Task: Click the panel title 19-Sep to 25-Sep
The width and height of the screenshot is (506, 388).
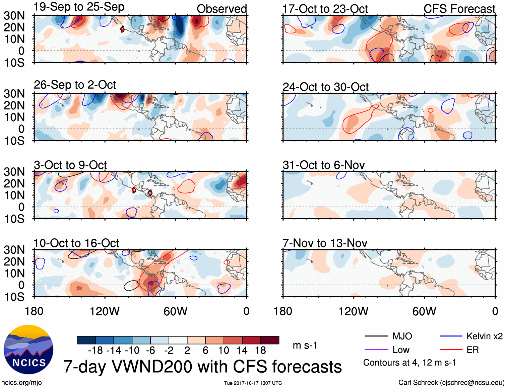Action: click(79, 7)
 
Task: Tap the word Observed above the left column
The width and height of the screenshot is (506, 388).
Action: click(222, 9)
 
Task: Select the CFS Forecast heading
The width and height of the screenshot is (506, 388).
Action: click(459, 9)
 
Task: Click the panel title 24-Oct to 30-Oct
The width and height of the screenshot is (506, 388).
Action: click(325, 87)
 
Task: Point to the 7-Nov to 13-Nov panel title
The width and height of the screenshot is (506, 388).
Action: click(325, 243)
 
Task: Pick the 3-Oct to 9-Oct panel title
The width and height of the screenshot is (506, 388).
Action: click(70, 165)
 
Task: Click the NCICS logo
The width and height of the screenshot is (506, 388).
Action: click(28, 350)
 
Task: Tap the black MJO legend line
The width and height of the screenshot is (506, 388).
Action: click(376, 336)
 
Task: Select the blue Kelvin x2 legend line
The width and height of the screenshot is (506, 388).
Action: click(451, 336)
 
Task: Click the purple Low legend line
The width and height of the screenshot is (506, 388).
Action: click(376, 350)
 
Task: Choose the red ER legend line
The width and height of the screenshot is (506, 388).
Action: click(451, 350)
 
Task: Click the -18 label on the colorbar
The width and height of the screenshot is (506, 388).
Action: click(95, 351)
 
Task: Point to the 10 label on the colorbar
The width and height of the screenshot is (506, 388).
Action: click(224, 351)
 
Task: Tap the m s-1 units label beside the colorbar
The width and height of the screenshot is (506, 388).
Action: click(305, 345)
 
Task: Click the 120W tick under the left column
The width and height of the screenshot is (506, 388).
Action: click(105, 311)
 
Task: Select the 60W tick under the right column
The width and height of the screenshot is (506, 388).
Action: click(424, 311)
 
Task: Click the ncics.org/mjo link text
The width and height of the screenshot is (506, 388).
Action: click(21, 382)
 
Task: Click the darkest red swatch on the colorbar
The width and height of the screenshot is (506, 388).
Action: click(270, 340)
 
